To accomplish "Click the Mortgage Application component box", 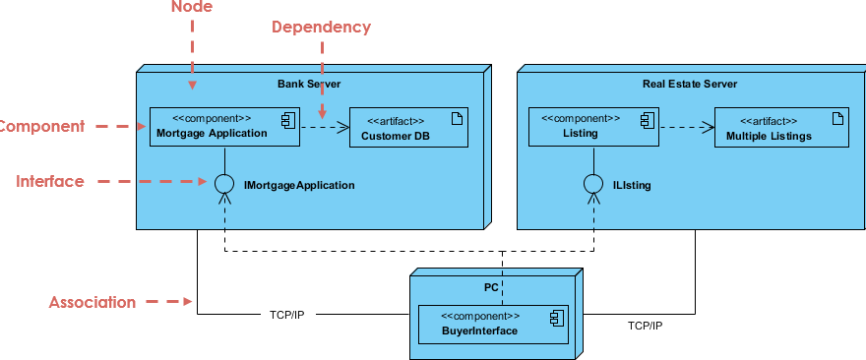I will pyautogui.click(x=224, y=127).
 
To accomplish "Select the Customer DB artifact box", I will pyautogui.click(x=408, y=128).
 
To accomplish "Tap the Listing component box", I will pyautogui.click(x=592, y=127).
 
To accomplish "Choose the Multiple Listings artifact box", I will pyautogui.click(x=780, y=128).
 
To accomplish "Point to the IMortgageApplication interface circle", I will pyautogui.click(x=225, y=183).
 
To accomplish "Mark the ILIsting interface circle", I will pyautogui.click(x=592, y=184).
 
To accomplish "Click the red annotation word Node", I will pyautogui.click(x=192, y=8).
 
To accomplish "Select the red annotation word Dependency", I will pyautogui.click(x=322, y=28).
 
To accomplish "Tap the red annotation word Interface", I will pyautogui.click(x=50, y=181).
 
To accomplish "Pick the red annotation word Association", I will pyautogui.click(x=93, y=302).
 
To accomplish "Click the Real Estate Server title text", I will pyautogui.click(x=690, y=85).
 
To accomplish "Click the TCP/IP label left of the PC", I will pyautogui.click(x=287, y=316).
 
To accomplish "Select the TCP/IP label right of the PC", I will pyautogui.click(x=646, y=326).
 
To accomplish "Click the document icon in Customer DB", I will pyautogui.click(x=457, y=119).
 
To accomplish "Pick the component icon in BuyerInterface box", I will pyautogui.click(x=556, y=317).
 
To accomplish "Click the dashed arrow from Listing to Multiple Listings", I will pyautogui.click(x=686, y=127).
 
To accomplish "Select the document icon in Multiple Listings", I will pyautogui.click(x=836, y=119).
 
